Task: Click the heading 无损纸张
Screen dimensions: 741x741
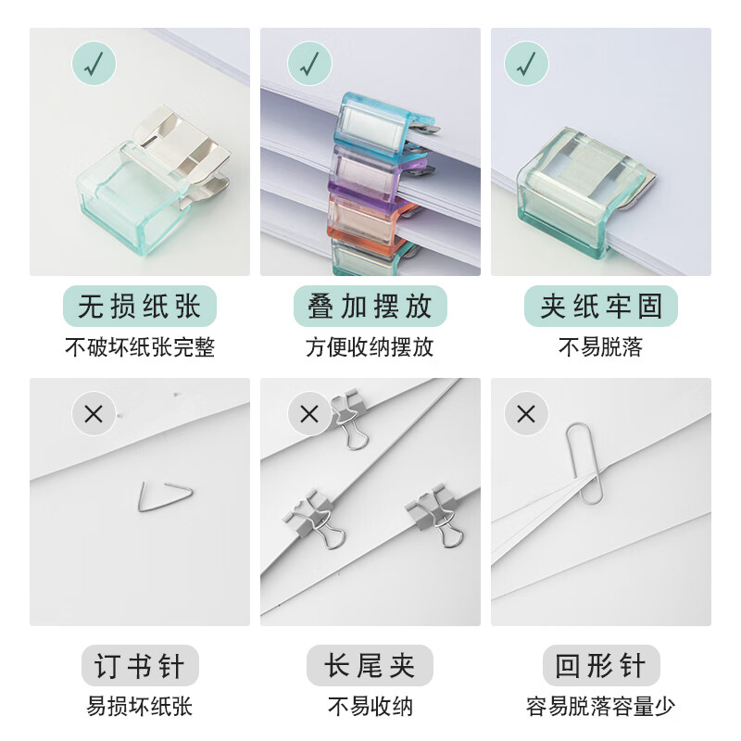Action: click(140, 307)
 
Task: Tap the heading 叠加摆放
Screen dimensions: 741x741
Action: click(370, 307)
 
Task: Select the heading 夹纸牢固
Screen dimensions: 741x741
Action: click(601, 307)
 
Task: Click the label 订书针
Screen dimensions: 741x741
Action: click(140, 666)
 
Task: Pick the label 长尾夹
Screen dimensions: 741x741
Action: click(370, 666)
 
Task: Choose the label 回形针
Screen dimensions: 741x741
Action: click(601, 666)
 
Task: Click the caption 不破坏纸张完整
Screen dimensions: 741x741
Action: click(140, 348)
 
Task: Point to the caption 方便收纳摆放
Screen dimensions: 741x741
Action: click(370, 348)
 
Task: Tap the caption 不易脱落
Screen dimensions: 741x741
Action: click(601, 348)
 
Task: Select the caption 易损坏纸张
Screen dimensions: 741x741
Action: click(140, 708)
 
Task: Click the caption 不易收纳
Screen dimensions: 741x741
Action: click(370, 708)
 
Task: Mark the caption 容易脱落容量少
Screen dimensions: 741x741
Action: click(601, 708)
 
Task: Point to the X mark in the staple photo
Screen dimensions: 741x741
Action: click(94, 414)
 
